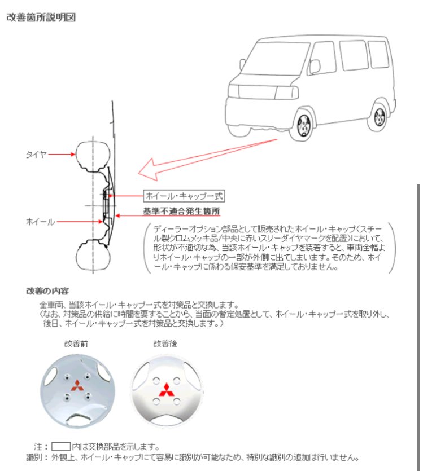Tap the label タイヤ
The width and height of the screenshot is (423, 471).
(x=36, y=153)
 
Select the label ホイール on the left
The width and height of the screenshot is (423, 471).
(x=40, y=222)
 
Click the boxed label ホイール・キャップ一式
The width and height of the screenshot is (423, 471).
(x=184, y=196)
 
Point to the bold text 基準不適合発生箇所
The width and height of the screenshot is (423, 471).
(x=181, y=212)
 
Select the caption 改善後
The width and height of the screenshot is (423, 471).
(x=164, y=343)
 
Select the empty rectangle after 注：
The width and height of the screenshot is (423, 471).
(x=61, y=446)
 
